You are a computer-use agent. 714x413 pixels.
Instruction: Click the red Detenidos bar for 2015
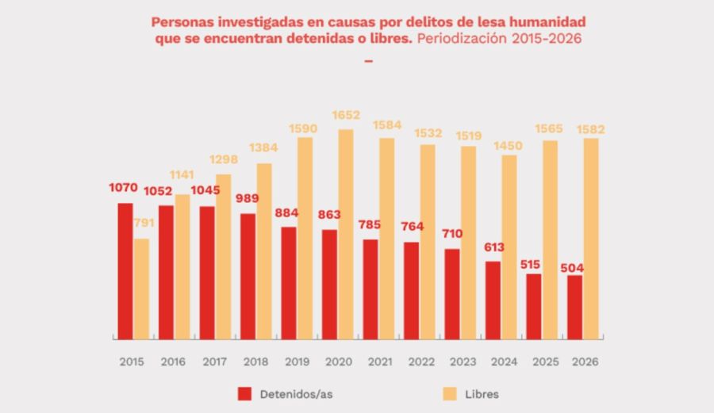tap(125, 270)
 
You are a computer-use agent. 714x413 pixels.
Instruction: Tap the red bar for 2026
tap(575, 306)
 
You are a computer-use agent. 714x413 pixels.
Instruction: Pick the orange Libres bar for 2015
tap(141, 288)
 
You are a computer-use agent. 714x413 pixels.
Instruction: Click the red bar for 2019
tap(289, 282)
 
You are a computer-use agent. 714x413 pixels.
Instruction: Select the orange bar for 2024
tap(509, 246)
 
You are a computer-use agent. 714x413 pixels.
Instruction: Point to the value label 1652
tap(345, 116)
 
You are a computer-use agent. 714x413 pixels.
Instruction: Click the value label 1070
tap(124, 189)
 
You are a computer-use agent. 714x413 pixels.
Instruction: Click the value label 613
tap(493, 247)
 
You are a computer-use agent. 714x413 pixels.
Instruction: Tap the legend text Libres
tap(482, 393)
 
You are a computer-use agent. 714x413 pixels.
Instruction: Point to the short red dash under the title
tap(367, 61)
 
